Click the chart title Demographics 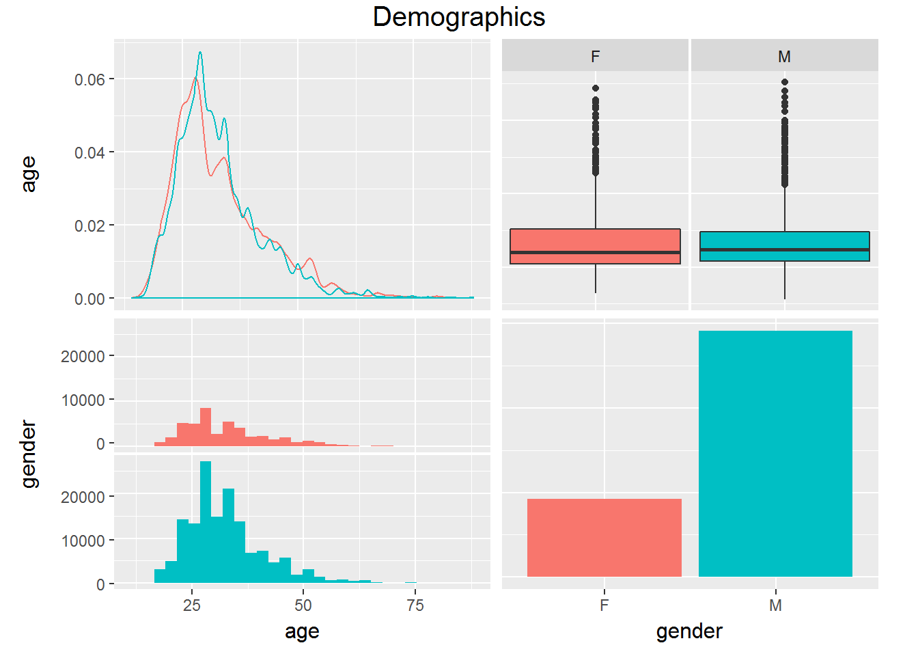459,17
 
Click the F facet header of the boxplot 595,56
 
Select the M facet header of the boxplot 784,56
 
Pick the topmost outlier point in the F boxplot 596,88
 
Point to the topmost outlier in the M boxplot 785,82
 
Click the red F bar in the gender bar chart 604,538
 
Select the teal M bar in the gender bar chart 775,454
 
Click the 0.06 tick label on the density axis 89,80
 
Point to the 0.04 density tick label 89,152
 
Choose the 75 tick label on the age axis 415,605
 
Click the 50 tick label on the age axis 303,605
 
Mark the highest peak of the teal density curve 200,52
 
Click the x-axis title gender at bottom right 689,631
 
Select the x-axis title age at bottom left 302,631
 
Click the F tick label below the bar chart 604,605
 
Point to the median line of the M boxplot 784,249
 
